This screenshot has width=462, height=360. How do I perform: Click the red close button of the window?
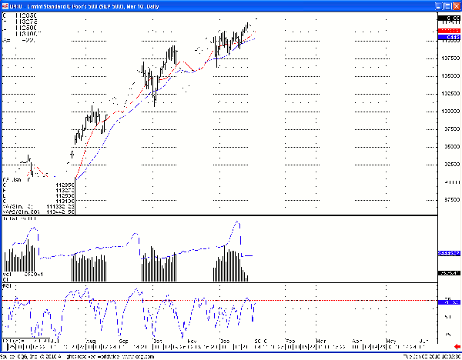pyautogui.click(x=455, y=5)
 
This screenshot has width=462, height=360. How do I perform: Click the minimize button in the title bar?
pyautogui.click(x=438, y=5)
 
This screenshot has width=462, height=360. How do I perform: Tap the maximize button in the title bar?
pyautogui.click(x=447, y=5)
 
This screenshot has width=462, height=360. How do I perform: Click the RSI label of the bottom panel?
pyautogui.click(x=7, y=285)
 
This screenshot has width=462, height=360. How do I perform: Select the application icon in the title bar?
pyautogui.click(x=5, y=5)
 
